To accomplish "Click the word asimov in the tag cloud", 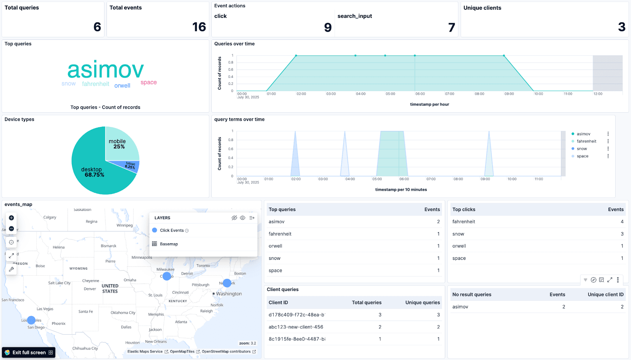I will tap(105, 70).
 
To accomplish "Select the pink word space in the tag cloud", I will tap(149, 82).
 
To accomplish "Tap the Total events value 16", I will tap(199, 27).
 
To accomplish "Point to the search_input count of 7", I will tap(452, 27).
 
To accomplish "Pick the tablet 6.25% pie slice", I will tap(131, 165).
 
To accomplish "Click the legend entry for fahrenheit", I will tap(586, 141).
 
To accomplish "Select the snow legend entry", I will tap(582, 149).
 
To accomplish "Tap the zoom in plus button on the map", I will tap(11, 218).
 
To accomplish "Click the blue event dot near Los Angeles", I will tap(31, 320).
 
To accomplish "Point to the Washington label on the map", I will tap(229, 294).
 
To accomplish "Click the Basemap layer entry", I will tap(169, 244).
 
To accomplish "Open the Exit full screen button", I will tap(29, 353).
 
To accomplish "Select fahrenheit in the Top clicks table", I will tap(464, 222).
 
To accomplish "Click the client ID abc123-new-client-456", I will tap(296, 327).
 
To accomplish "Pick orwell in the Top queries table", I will tap(275, 246).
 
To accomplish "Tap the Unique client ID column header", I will tap(605, 295).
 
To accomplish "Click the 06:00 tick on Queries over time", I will tap(420, 94).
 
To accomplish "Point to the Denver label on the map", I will tap(90, 289).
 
